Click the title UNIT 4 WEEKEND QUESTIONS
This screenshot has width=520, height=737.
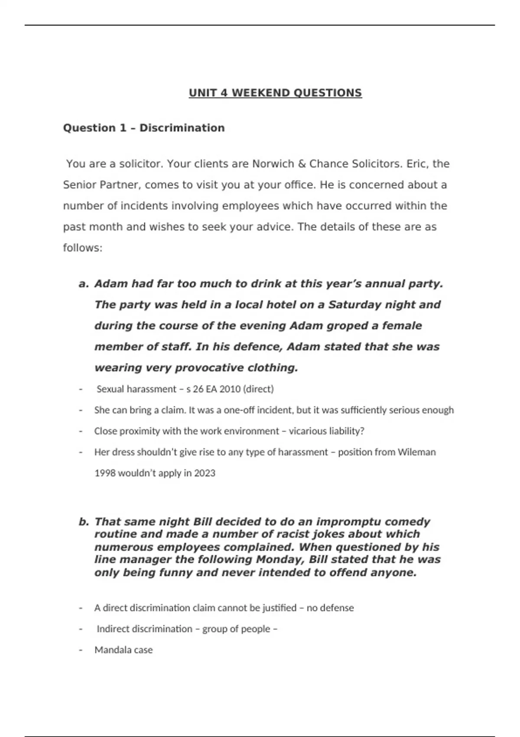(x=275, y=93)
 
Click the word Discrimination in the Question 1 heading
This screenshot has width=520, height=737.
(x=182, y=128)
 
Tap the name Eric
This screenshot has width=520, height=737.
(x=417, y=164)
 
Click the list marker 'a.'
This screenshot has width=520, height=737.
(x=84, y=284)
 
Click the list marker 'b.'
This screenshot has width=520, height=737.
(x=84, y=522)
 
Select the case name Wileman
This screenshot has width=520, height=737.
(x=416, y=452)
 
